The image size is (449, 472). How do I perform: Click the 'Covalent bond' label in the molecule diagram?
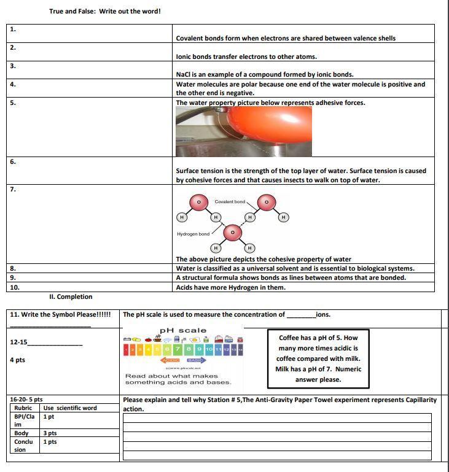click(x=230, y=201)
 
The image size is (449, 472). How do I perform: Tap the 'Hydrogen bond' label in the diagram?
click(x=193, y=234)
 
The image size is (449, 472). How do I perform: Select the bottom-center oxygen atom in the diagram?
click(x=232, y=233)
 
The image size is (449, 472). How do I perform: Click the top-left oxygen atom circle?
click(x=198, y=202)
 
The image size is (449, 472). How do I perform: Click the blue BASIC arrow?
click(x=197, y=360)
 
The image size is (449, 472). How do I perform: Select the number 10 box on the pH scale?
click(x=209, y=349)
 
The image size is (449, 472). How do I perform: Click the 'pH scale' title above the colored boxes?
click(x=184, y=331)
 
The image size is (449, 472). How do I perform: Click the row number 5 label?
click(x=13, y=103)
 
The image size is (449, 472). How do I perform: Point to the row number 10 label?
click(x=15, y=287)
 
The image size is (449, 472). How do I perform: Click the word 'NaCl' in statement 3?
click(x=184, y=75)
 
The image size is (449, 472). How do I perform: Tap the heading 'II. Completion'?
click(x=71, y=296)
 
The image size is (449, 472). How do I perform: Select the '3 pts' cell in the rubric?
click(x=50, y=433)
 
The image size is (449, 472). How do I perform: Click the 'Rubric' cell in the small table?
click(x=23, y=408)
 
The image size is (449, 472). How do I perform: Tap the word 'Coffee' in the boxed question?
click(x=289, y=338)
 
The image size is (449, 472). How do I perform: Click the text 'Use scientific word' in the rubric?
click(x=70, y=408)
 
